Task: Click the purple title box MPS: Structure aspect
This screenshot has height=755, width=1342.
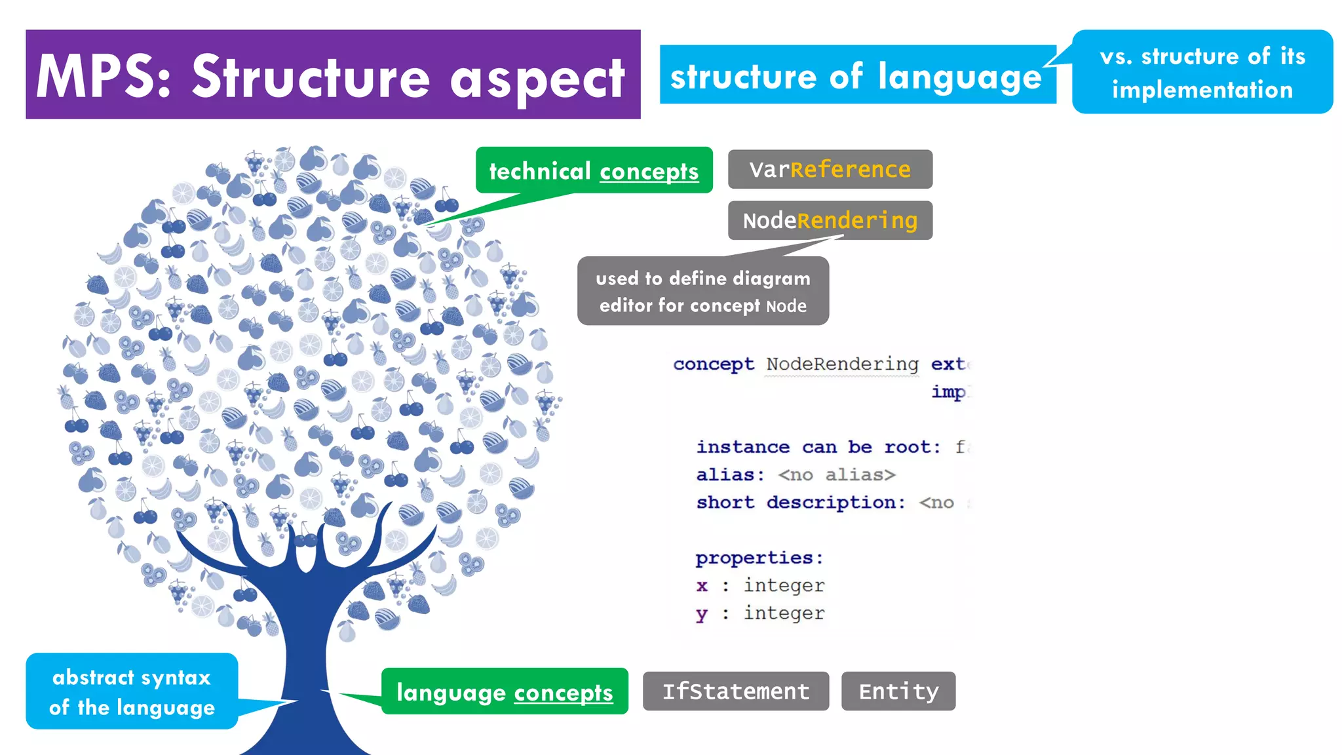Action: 333,75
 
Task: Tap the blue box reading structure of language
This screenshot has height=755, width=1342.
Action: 857,75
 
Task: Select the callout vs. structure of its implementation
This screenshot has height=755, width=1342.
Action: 1202,72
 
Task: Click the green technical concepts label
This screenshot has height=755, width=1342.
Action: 594,170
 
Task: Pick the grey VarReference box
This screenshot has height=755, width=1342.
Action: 830,169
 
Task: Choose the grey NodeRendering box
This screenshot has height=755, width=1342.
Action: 830,220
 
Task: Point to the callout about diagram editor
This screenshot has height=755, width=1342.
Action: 702,291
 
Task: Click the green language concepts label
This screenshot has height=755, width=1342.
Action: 505,691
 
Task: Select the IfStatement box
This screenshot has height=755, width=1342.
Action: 735,691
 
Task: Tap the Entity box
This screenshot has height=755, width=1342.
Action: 898,691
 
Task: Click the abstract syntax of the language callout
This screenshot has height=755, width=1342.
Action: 132,691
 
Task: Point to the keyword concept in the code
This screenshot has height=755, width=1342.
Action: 713,364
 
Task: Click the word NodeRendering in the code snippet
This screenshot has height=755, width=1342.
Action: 842,364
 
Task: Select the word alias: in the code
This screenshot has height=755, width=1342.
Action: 730,474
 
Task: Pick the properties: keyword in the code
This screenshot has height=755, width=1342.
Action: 759,558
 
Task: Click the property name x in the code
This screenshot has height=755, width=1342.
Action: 702,585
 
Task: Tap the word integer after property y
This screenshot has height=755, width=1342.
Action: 784,613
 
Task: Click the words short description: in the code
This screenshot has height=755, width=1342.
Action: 801,503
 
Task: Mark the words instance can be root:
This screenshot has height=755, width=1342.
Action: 818,447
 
